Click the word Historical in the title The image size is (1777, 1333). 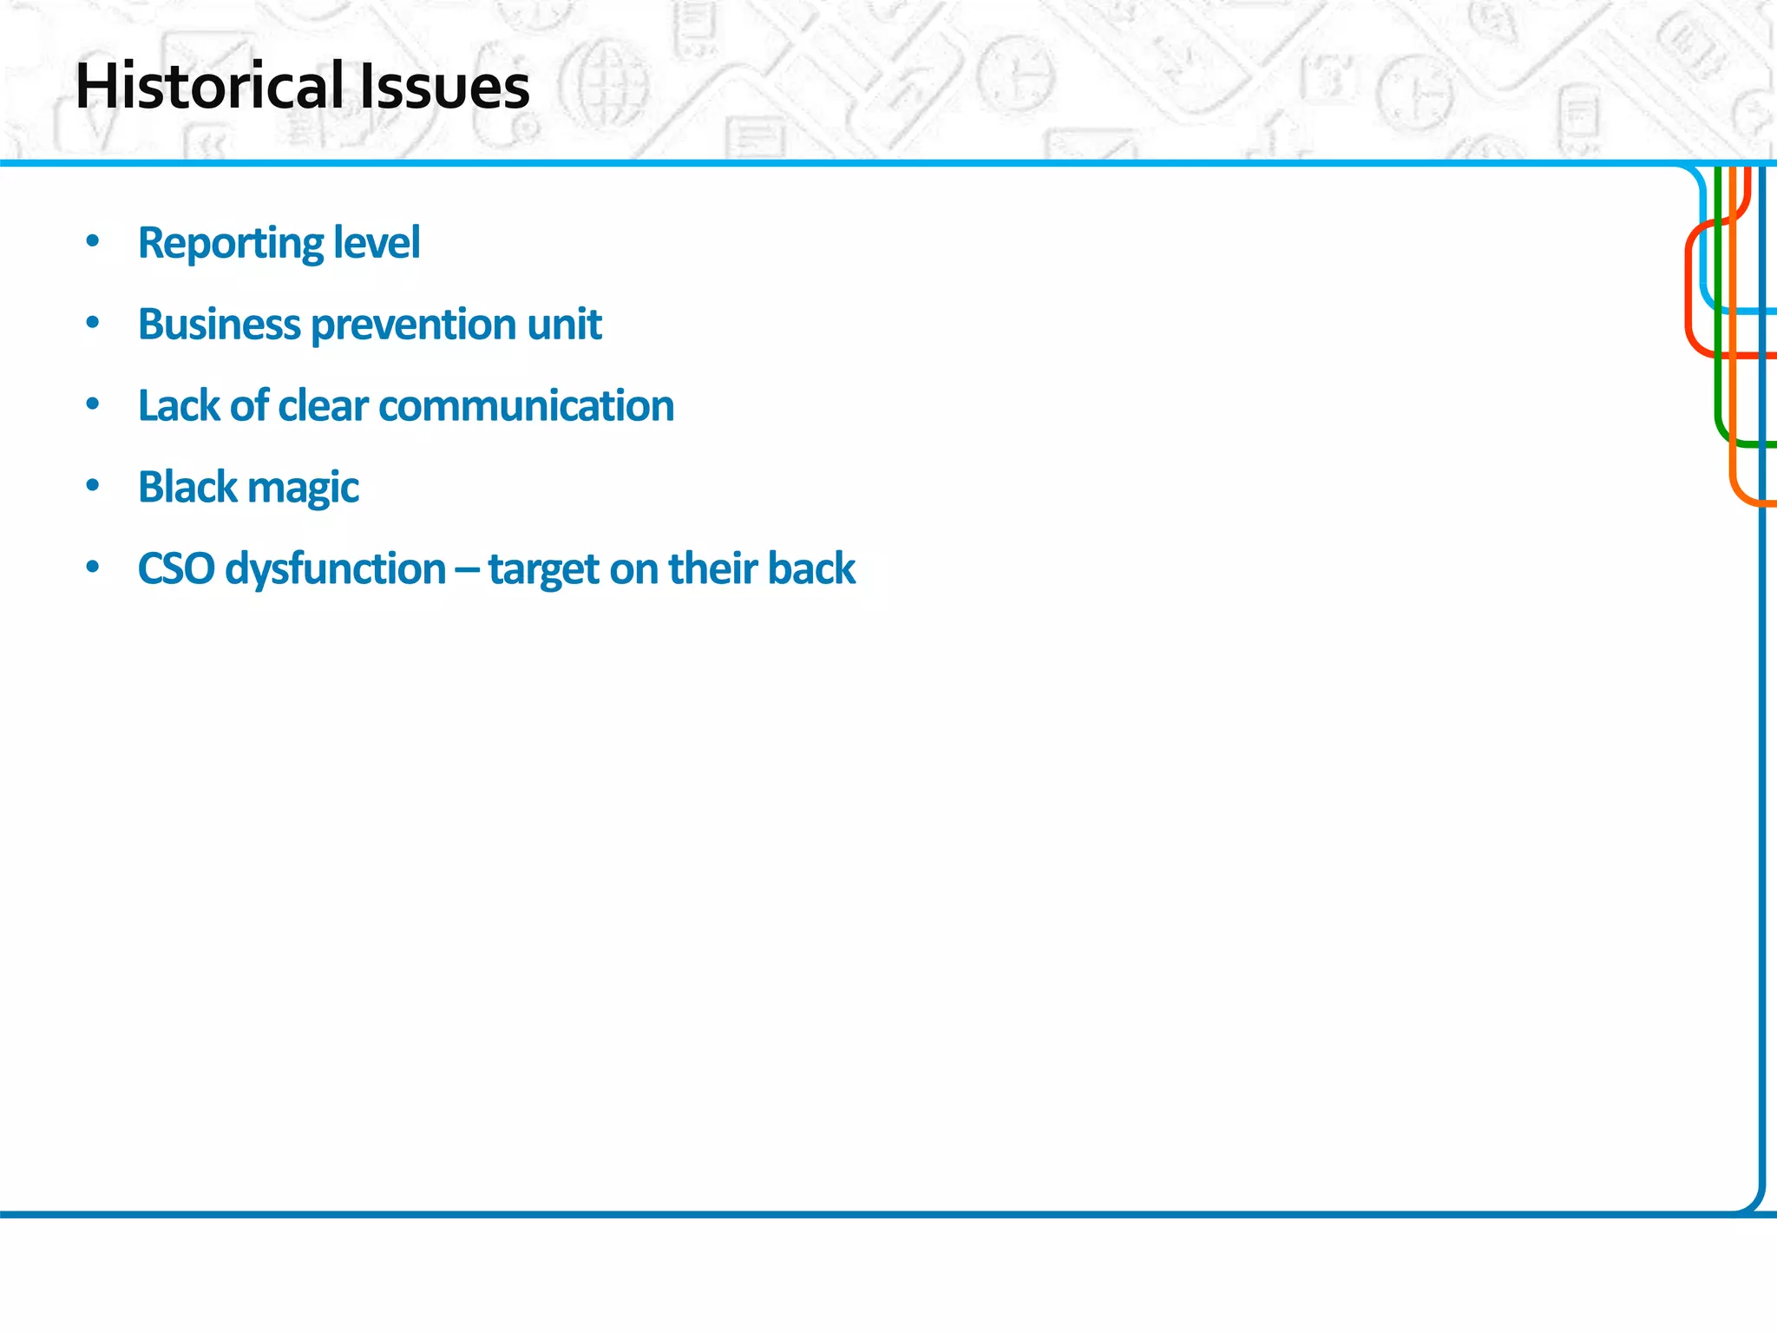(x=209, y=87)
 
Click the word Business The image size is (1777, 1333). (x=219, y=325)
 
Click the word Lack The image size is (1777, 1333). (x=178, y=405)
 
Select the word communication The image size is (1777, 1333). (x=526, y=405)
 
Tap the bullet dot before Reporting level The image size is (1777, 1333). (x=93, y=242)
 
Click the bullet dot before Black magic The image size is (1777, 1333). (x=93, y=486)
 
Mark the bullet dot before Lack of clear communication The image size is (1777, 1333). (x=93, y=405)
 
